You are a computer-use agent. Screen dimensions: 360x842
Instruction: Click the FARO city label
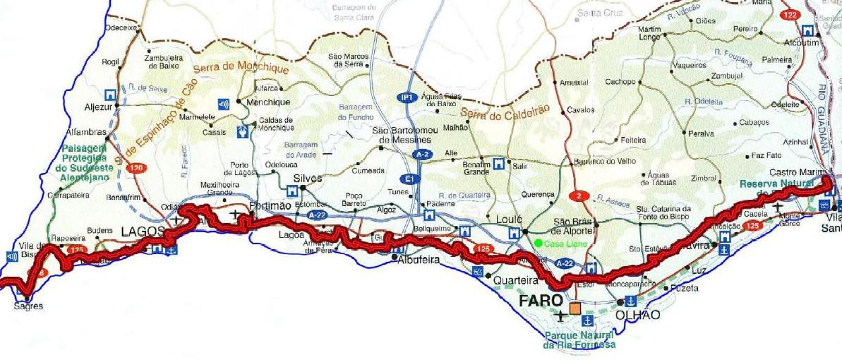(540, 301)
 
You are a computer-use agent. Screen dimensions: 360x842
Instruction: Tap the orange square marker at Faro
(575, 308)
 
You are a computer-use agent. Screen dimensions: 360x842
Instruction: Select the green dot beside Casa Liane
(539, 244)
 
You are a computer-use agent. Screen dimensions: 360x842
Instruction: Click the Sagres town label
(28, 306)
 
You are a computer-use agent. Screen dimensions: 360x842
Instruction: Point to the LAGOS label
(143, 231)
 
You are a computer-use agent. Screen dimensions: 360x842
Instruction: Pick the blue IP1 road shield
(405, 97)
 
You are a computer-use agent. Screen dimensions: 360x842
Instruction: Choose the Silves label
(307, 179)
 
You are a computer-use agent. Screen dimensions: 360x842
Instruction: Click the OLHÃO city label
(639, 315)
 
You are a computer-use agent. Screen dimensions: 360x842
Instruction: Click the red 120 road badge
(136, 167)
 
